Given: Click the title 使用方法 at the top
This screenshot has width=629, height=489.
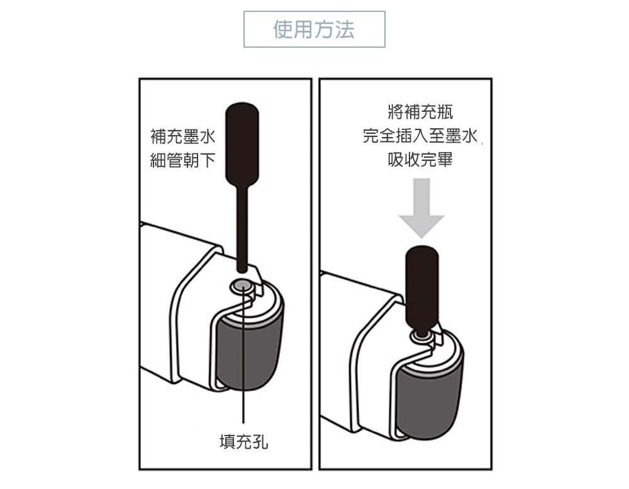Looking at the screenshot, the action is click(314, 30).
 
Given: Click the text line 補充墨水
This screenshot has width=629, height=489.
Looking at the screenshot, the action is click(183, 136).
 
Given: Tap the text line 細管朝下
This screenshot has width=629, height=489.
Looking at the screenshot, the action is click(183, 160).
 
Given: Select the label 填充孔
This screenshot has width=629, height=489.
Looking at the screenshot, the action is click(244, 442).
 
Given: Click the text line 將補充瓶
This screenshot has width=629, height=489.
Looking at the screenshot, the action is click(420, 112).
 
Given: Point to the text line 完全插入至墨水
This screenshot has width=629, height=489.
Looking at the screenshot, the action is click(420, 136).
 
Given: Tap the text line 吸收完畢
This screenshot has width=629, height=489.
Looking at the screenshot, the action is click(420, 160).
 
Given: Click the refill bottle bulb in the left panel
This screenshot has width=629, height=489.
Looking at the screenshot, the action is click(242, 145).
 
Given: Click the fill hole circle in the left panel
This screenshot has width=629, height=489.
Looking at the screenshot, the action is click(242, 286).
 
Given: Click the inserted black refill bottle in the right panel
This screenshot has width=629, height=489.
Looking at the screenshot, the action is click(421, 289).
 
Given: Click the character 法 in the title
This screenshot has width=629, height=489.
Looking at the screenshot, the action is click(345, 30).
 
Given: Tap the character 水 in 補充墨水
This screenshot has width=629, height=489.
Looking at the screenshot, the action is click(208, 136).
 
